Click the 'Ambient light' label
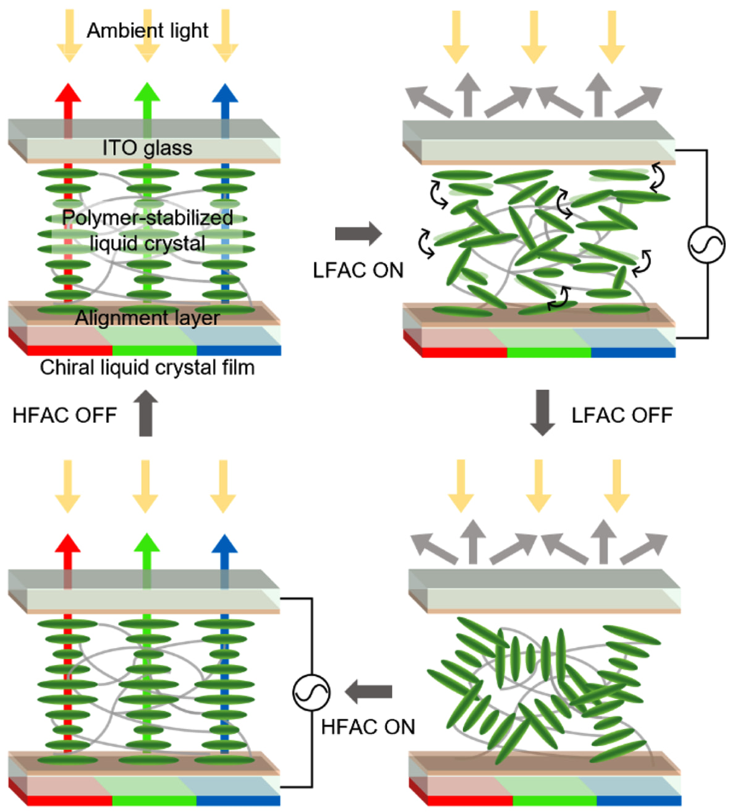point(147,31)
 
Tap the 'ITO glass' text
point(147,148)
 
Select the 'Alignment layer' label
point(147,318)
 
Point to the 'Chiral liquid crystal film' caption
point(147,367)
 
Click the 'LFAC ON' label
point(358,270)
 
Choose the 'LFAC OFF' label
point(622,416)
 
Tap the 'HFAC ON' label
point(368,727)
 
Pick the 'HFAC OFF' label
point(65,416)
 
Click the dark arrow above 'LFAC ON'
point(359,234)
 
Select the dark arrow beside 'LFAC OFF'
point(543,413)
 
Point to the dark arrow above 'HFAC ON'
point(368,691)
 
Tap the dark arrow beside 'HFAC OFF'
point(146,413)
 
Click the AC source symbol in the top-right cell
point(707,245)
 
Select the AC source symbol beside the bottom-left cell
point(311,692)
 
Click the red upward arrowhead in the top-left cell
point(68,93)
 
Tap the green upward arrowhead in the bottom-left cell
point(147,543)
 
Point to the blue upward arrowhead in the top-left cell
point(225,93)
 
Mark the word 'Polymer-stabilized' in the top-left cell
point(147,218)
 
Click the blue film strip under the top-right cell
point(634,352)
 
